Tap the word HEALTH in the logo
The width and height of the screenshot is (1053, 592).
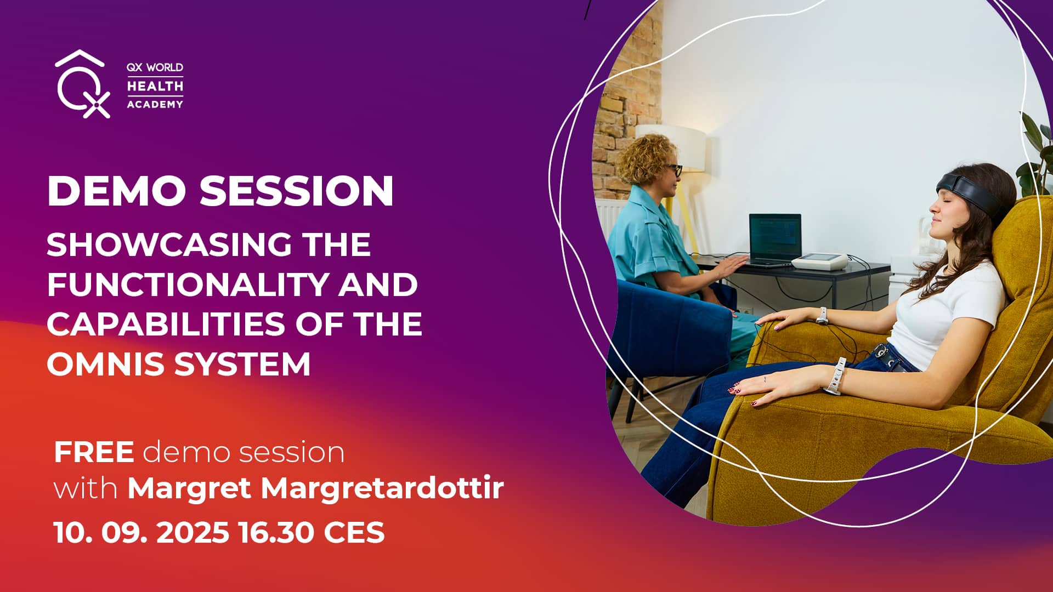(x=155, y=86)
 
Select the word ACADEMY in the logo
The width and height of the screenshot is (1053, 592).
(x=155, y=104)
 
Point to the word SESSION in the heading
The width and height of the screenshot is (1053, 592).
(x=296, y=191)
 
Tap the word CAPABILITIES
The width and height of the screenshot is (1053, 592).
(x=165, y=323)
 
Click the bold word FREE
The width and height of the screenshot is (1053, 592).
(x=94, y=452)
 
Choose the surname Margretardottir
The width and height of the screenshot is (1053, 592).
(x=382, y=488)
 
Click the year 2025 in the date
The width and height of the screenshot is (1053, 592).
(x=193, y=532)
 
